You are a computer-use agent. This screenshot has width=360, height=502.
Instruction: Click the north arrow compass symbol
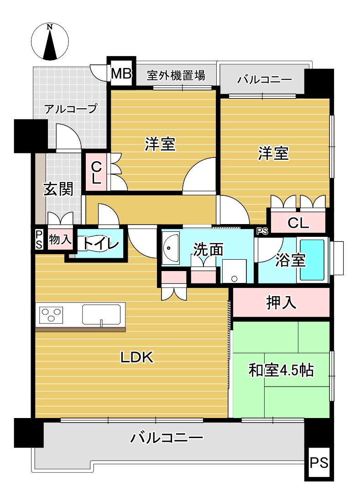(50, 42)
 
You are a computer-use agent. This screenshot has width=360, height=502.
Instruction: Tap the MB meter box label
(121, 74)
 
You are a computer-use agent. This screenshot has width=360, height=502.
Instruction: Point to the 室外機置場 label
(176, 76)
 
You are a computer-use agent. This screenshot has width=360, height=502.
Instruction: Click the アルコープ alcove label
(71, 109)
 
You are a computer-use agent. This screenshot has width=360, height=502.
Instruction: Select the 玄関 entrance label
(58, 189)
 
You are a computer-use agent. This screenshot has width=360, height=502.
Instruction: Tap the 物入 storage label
(60, 239)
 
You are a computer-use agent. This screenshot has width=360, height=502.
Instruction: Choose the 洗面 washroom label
(208, 249)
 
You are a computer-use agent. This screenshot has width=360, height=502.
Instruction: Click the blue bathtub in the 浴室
(312, 260)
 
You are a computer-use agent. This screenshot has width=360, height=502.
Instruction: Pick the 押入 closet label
(281, 302)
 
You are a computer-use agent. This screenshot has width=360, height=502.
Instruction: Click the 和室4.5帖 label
(281, 370)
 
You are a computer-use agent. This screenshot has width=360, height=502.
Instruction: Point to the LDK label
(137, 357)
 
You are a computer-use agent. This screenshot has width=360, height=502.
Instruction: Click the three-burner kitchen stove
(51, 315)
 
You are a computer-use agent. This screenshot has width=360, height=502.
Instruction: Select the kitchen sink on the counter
(101, 314)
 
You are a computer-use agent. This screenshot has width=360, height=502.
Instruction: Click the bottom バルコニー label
(167, 437)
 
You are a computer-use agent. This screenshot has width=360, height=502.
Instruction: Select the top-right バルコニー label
(265, 79)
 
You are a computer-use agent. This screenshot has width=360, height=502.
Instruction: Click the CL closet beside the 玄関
(96, 173)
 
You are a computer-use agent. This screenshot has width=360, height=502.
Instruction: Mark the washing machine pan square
(234, 271)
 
